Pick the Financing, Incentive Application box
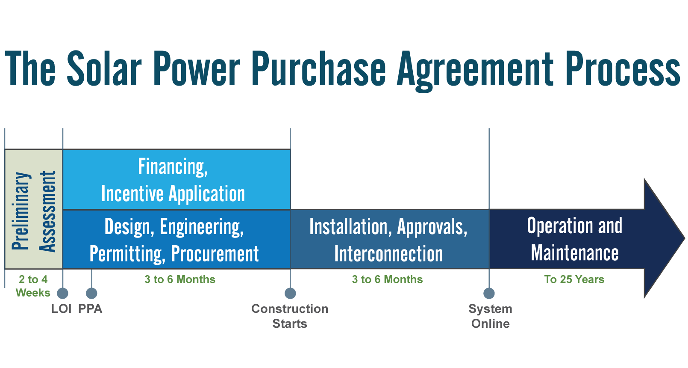[176, 180]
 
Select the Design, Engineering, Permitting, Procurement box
[176, 240]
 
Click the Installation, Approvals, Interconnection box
[389, 240]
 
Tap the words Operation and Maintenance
[574, 239]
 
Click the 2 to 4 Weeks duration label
[33, 286]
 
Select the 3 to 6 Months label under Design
[179, 279]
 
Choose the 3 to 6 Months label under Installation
[387, 279]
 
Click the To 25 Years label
[574, 279]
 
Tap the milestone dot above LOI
[62, 293]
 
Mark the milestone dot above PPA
[91, 293]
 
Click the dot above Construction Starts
[290, 293]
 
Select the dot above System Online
[489, 293]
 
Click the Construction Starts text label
[290, 316]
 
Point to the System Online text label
[490, 316]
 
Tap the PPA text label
[90, 309]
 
